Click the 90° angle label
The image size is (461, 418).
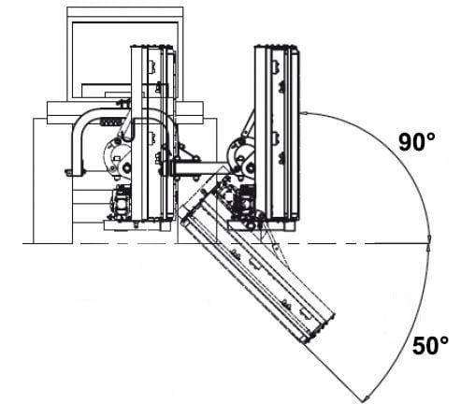(x=417, y=142)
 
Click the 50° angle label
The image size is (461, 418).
(x=430, y=346)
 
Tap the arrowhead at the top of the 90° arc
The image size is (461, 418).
(x=306, y=113)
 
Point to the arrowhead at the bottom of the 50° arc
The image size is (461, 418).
(x=367, y=398)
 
